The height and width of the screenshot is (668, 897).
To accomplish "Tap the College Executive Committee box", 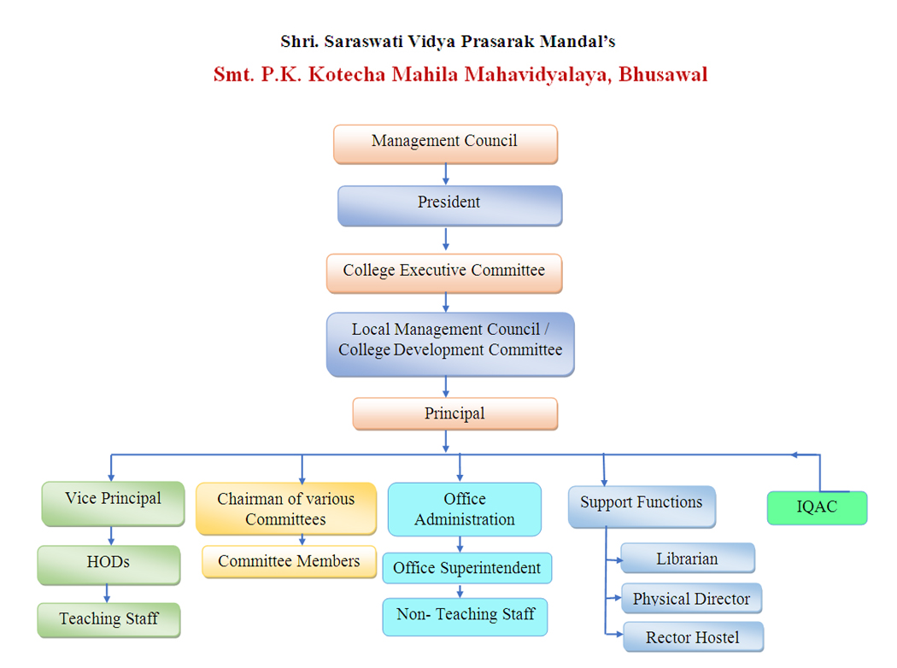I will pos(444,272).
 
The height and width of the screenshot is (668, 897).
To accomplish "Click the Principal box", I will pos(454,414).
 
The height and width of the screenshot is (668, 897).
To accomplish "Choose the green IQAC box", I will pos(817,507).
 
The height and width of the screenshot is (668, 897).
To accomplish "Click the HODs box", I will pos(108,564).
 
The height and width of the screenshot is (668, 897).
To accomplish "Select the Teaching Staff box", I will pos(108,619).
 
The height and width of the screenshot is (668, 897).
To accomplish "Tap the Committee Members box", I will pos(289,562).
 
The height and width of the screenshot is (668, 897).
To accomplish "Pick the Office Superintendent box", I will pos(466,569).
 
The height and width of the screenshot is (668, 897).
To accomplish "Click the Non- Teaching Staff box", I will pos(466,616).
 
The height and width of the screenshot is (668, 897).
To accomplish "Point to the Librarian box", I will pos(688,559).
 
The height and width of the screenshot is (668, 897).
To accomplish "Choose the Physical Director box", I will pos(691,599).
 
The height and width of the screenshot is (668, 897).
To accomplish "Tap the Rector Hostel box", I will pos(693,637).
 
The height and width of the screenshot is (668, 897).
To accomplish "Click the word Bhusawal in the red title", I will pos(663,74).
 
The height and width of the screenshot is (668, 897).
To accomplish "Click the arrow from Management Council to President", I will pos(445,174).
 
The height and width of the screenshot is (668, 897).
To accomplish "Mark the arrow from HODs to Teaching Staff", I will pos(108,593).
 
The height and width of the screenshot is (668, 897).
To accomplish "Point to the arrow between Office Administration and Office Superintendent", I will pos(460,545).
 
